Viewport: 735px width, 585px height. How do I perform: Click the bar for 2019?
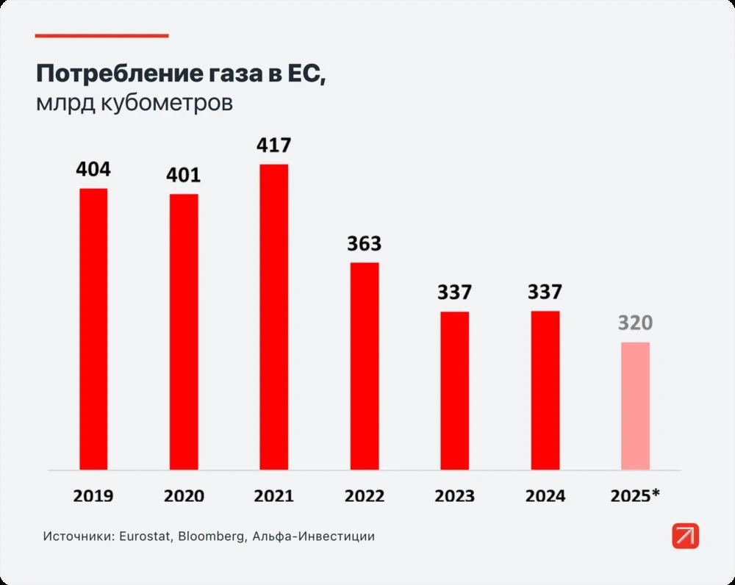coord(93,329)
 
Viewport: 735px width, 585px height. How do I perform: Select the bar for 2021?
coord(273,317)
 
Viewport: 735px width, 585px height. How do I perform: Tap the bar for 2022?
coord(365,366)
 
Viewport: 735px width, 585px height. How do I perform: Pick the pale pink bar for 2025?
coord(635,406)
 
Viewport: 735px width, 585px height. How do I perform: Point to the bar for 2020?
coord(184,331)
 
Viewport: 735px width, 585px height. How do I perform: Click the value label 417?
coord(273,146)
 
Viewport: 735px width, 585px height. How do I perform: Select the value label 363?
coord(365,244)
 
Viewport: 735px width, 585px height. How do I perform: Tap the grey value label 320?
coord(635,323)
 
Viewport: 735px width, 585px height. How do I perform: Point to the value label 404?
coord(93,170)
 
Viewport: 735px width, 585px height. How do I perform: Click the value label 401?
coord(184,176)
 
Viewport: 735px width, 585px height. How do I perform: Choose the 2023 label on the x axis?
coord(455,496)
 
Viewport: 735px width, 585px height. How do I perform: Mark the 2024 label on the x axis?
coord(545,496)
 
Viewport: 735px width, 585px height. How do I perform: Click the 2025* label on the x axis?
coord(636,496)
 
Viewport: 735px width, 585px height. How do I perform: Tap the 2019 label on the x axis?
coord(93,496)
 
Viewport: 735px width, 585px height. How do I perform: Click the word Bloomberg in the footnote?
coord(212,536)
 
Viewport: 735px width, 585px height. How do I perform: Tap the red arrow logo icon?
coord(685,536)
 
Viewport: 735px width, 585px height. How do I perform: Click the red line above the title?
coord(101,35)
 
